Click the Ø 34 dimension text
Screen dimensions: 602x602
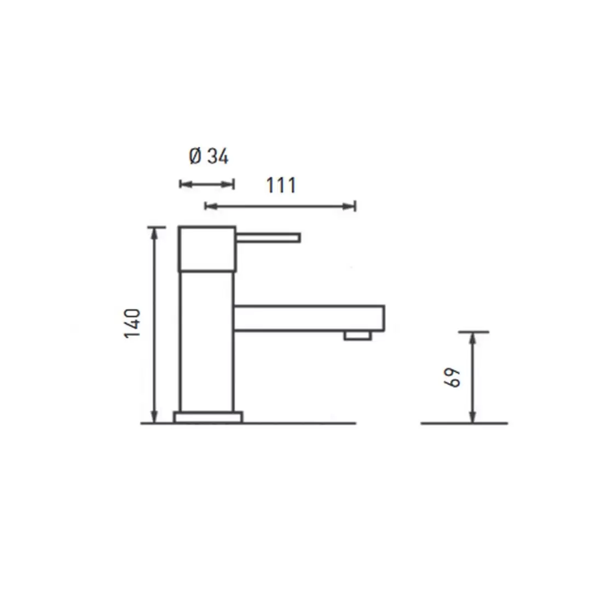pos(209,157)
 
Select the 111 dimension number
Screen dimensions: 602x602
pos(281,186)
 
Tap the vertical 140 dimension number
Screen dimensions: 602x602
pos(132,323)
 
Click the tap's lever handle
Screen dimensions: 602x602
pos(268,237)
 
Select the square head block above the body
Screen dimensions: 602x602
pos(207,248)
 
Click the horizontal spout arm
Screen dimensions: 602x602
pos(309,318)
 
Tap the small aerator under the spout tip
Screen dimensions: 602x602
pos(357,335)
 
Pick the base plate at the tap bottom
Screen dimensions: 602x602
pos(207,418)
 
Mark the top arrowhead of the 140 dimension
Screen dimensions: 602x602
pos(155,232)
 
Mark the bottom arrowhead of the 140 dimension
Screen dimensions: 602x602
pos(155,418)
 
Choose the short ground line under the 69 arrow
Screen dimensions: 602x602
pos(464,423)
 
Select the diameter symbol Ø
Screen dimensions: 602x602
pos(195,157)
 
